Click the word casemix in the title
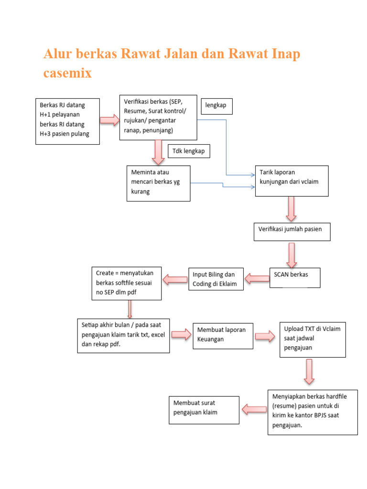(x=67, y=73)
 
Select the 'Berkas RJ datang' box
(x=68, y=121)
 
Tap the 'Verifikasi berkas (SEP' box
(x=158, y=117)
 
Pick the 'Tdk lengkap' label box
(x=188, y=151)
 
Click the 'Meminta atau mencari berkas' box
(x=158, y=183)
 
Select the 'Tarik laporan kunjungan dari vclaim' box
(x=291, y=181)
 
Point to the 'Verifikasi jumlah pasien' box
(x=291, y=231)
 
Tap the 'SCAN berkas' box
(x=294, y=277)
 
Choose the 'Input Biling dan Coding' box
(x=216, y=279)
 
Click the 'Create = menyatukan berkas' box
(x=127, y=283)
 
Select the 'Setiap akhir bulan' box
(x=123, y=336)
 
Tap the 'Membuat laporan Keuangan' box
(x=223, y=336)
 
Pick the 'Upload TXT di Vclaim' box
(x=313, y=340)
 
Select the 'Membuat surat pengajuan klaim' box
(x=204, y=409)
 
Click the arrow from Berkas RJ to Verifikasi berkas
(x=109, y=120)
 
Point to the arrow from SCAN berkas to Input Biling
(x=257, y=278)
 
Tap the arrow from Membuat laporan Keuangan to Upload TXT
(x=265, y=336)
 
